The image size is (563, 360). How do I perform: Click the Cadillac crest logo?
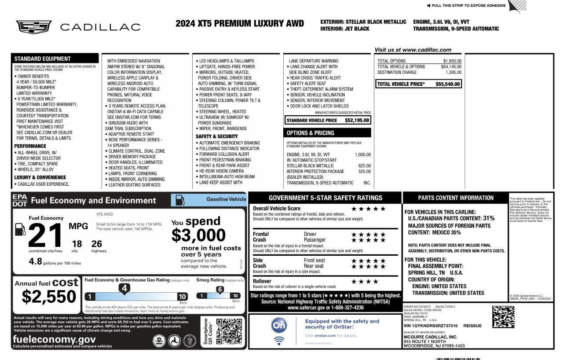click(x=34, y=27)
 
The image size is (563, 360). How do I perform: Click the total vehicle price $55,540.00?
click(x=447, y=84)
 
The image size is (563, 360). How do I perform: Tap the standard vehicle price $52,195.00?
click(x=357, y=120)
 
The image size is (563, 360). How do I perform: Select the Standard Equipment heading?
click(x=42, y=59)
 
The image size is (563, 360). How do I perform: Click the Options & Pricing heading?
click(x=311, y=133)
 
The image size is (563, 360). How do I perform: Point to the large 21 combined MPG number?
click(x=46, y=236)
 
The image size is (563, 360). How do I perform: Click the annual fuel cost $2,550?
click(x=49, y=297)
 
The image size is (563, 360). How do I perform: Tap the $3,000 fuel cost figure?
click(x=198, y=235)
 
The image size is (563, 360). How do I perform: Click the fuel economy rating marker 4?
click(x=124, y=289)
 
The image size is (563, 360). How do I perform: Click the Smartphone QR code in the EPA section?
click(x=229, y=331)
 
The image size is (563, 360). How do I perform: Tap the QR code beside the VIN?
click(x=503, y=317)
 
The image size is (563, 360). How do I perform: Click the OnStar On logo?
click(x=279, y=325)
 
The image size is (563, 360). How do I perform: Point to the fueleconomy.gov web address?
click(x=54, y=339)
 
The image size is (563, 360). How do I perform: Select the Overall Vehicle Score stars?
click(x=368, y=209)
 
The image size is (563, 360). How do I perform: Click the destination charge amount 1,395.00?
click(x=453, y=72)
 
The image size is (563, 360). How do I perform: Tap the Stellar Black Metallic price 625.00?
click(x=364, y=166)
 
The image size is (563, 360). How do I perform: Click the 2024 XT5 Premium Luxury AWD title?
click(x=240, y=24)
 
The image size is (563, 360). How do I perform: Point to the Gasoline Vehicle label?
click(x=226, y=199)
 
